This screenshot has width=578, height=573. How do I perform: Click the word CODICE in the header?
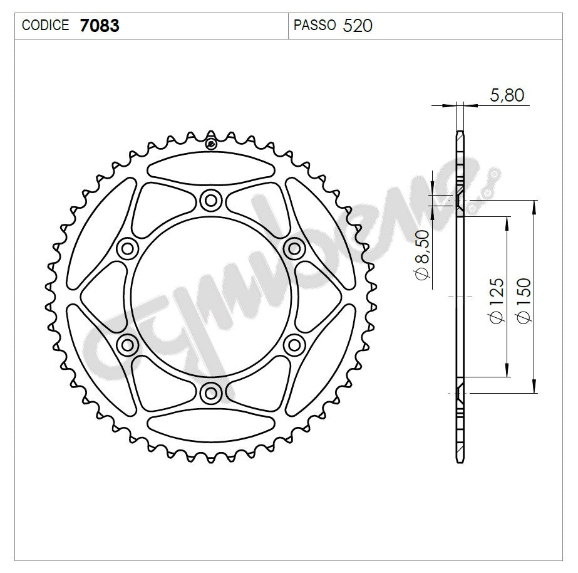45,26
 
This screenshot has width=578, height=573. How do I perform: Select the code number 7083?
100,26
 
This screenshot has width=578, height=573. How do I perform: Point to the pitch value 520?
358,26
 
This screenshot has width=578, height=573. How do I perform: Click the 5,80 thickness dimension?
507,95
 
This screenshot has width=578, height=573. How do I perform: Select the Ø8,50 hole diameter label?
421,263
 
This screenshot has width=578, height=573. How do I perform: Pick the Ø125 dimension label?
496,300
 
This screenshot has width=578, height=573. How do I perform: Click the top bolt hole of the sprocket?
211,201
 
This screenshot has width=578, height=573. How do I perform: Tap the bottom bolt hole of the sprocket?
211,392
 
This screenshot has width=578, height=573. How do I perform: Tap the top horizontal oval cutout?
211,168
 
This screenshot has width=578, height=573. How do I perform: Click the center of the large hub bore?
211,296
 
